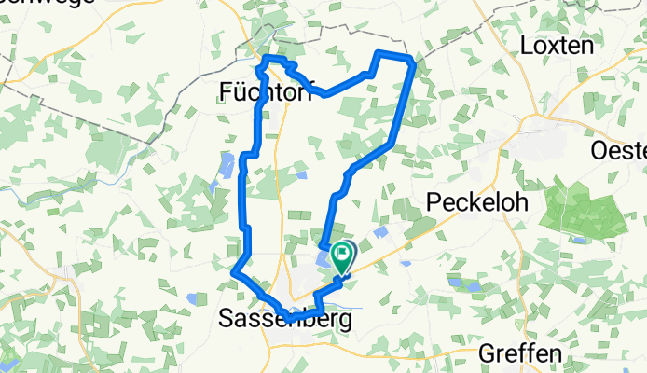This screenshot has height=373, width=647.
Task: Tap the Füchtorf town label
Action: click(x=252, y=90)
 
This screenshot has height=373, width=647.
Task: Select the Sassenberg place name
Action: click(x=286, y=319)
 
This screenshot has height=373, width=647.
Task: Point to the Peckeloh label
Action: click(x=476, y=201)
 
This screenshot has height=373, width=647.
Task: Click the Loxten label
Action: click(x=557, y=45)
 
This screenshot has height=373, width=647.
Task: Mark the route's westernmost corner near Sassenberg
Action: click(x=232, y=271)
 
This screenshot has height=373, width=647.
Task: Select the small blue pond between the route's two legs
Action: click(x=299, y=173)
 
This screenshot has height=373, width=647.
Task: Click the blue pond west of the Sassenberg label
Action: click(x=193, y=298)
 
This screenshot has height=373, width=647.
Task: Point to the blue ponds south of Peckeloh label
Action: click(x=457, y=280)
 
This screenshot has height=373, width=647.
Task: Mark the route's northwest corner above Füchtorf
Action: click(x=268, y=60)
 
